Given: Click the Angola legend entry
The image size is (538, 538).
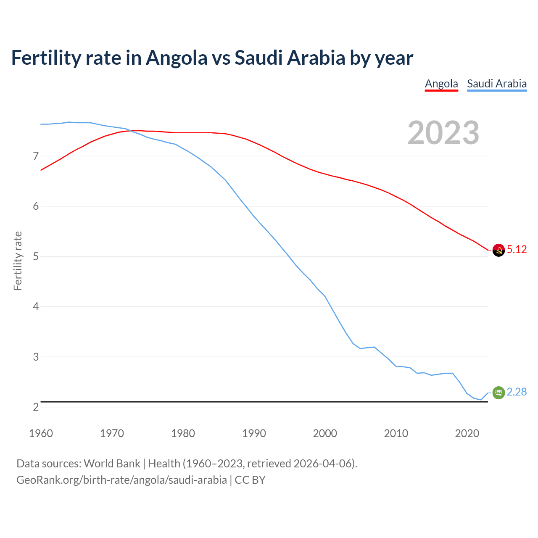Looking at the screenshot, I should (x=441, y=84).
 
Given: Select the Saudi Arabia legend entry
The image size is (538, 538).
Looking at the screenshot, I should (x=497, y=84).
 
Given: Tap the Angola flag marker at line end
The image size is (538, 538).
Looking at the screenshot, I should (x=498, y=250).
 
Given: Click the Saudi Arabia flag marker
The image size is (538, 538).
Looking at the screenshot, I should (x=498, y=393).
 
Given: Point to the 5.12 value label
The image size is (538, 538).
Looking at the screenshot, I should (x=517, y=249).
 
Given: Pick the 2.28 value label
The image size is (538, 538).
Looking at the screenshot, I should (x=517, y=392).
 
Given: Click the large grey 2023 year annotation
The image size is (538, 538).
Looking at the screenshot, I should (x=443, y=133).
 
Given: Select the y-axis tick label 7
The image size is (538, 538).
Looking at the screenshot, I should (x=36, y=156).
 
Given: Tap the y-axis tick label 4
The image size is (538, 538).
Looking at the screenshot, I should (x=36, y=307).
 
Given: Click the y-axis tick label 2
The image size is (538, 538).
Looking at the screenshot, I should (x=36, y=407).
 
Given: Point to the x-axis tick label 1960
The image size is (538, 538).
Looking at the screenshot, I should (x=41, y=433).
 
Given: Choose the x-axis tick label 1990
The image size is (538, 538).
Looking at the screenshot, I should (x=254, y=433).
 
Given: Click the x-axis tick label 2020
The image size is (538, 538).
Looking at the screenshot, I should (x=467, y=433).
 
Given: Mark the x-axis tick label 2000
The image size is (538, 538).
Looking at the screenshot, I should (x=325, y=433).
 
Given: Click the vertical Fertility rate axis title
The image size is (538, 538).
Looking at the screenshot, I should (x=18, y=261).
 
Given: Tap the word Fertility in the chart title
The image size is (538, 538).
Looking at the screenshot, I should (x=45, y=58).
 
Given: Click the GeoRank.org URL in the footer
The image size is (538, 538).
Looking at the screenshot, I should (x=121, y=480).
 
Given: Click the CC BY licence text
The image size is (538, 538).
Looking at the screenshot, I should (x=250, y=480).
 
